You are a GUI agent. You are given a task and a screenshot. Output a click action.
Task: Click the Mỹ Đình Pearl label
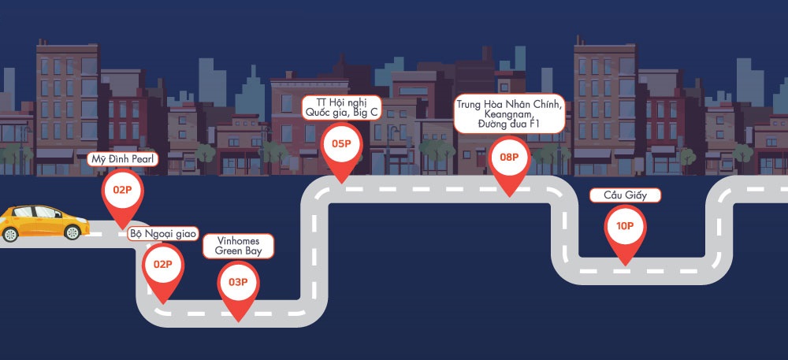122,160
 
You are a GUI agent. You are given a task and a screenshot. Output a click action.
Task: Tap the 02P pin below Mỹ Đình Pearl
121,191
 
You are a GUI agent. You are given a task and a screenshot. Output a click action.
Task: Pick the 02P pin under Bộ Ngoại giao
163,265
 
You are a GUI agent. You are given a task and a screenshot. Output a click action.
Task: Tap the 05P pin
341,144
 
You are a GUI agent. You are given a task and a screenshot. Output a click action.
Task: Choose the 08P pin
510,158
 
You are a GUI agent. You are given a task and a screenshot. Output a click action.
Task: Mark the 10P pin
625,227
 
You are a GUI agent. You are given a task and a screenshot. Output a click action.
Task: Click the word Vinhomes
239,241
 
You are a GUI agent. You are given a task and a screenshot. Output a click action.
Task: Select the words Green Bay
239,251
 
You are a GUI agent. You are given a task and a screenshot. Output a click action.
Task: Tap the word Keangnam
510,114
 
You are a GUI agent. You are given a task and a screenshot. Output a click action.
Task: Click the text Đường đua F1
510,124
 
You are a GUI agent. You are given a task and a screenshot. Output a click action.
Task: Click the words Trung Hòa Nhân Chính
510,104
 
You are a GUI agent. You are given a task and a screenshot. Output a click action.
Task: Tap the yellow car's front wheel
72,232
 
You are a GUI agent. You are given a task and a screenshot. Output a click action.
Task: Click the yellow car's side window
39,213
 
